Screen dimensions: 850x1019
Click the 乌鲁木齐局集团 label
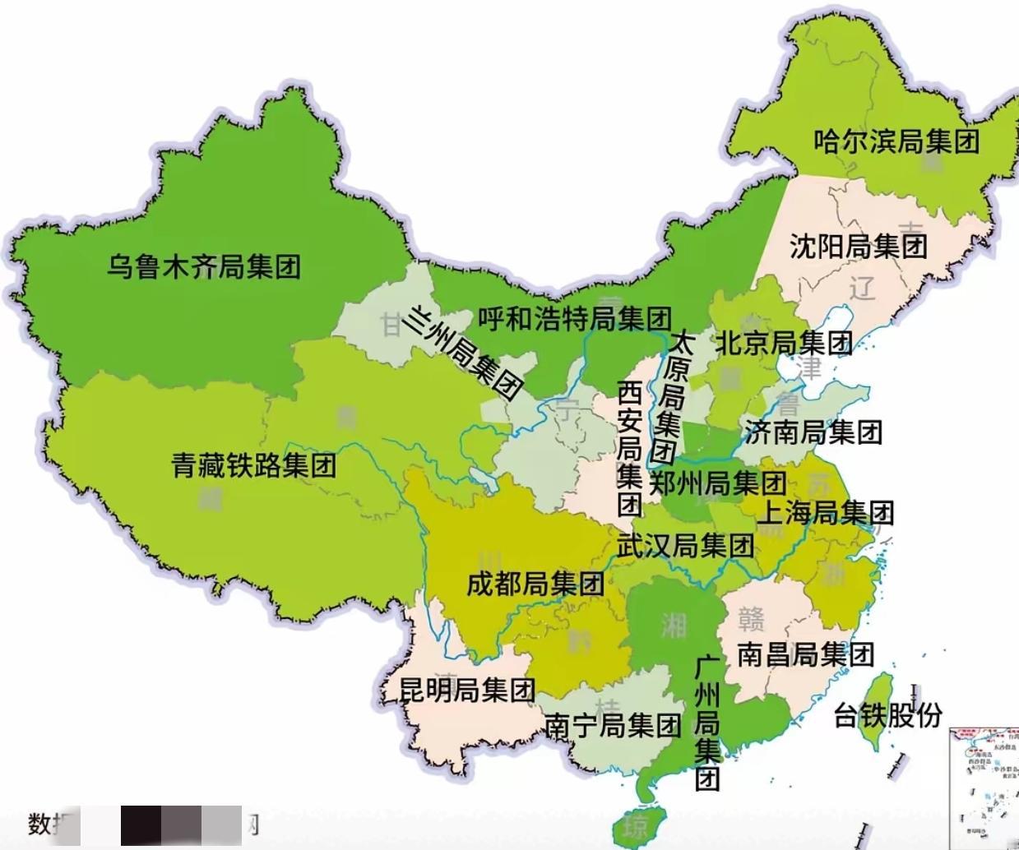click(204, 266)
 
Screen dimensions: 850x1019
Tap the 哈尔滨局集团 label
click(896, 141)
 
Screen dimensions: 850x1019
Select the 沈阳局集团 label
click(858, 246)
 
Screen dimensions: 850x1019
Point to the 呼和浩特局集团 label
click(574, 318)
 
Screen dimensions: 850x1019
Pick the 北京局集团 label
click(783, 343)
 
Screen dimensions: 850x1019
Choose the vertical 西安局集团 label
click(630, 448)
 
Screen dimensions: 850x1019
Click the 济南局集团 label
click(813, 432)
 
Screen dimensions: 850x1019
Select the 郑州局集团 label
click(717, 483)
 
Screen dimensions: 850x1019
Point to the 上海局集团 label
click(825, 513)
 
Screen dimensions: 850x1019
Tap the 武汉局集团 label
click(685, 544)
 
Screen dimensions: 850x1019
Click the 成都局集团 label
click(535, 584)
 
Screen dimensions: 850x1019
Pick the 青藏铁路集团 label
click(254, 466)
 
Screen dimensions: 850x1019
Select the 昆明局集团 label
click(467, 689)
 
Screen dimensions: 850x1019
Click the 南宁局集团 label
click(613, 725)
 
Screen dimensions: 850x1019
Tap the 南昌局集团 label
click(804, 654)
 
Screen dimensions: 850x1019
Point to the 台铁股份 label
click(887, 714)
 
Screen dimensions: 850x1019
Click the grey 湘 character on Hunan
click(674, 626)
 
